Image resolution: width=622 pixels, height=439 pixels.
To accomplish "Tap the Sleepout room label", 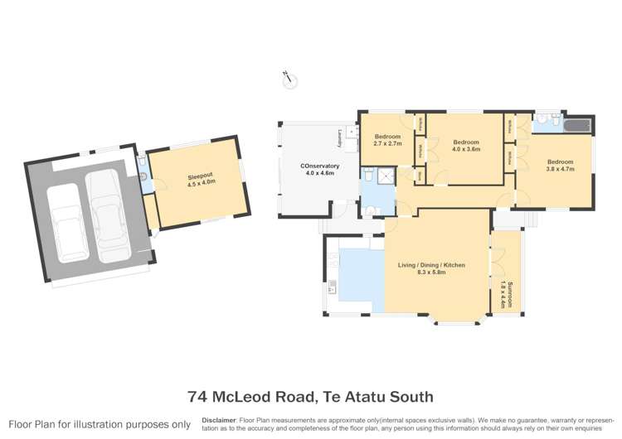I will tap(198, 175).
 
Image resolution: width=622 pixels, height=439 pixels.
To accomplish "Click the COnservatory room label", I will tap(319, 166).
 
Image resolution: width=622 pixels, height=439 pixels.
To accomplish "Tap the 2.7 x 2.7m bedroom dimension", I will tap(387, 143).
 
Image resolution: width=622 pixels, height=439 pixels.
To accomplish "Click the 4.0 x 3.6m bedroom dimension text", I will tap(466, 149).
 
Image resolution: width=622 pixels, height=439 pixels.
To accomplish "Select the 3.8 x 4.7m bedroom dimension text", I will tap(560, 168).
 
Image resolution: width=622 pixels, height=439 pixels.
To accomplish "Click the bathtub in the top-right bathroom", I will tap(576, 126).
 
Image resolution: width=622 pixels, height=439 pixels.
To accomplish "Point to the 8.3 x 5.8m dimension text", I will tap(436, 272).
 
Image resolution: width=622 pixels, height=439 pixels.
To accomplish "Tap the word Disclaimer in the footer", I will tap(219, 420).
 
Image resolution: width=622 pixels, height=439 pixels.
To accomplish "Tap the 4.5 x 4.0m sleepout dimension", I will tap(198, 182).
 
